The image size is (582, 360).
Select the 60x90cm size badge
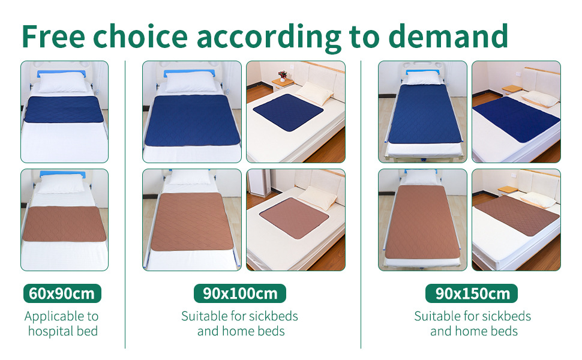[x=62, y=293]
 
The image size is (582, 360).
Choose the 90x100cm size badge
[x=239, y=293]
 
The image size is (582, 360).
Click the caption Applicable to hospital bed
[x=62, y=323]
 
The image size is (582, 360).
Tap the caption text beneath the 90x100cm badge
[x=239, y=323]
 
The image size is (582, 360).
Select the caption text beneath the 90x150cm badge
[x=472, y=323]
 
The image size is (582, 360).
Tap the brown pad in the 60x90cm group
[x=64, y=224]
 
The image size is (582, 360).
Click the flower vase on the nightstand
[x=282, y=76]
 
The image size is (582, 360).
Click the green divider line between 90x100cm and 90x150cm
[x=361, y=204]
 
